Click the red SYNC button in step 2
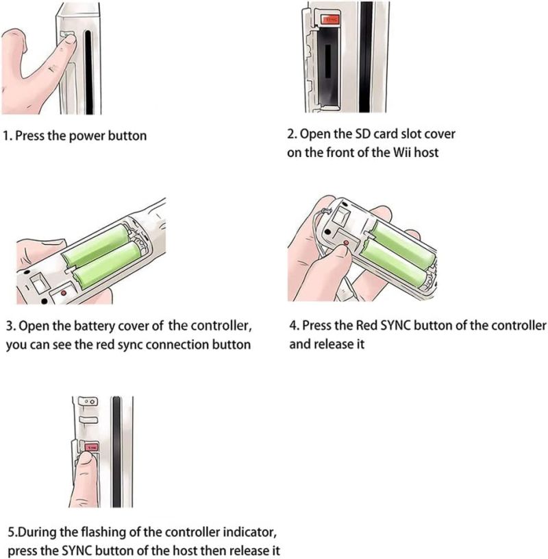[x=330, y=20]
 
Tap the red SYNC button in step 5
[x=92, y=447]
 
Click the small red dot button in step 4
[x=346, y=243]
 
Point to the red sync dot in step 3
[x=64, y=293]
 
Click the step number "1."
[x=8, y=136]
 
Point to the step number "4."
[x=294, y=326]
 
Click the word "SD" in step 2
[x=364, y=134]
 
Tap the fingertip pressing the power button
[x=68, y=42]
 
